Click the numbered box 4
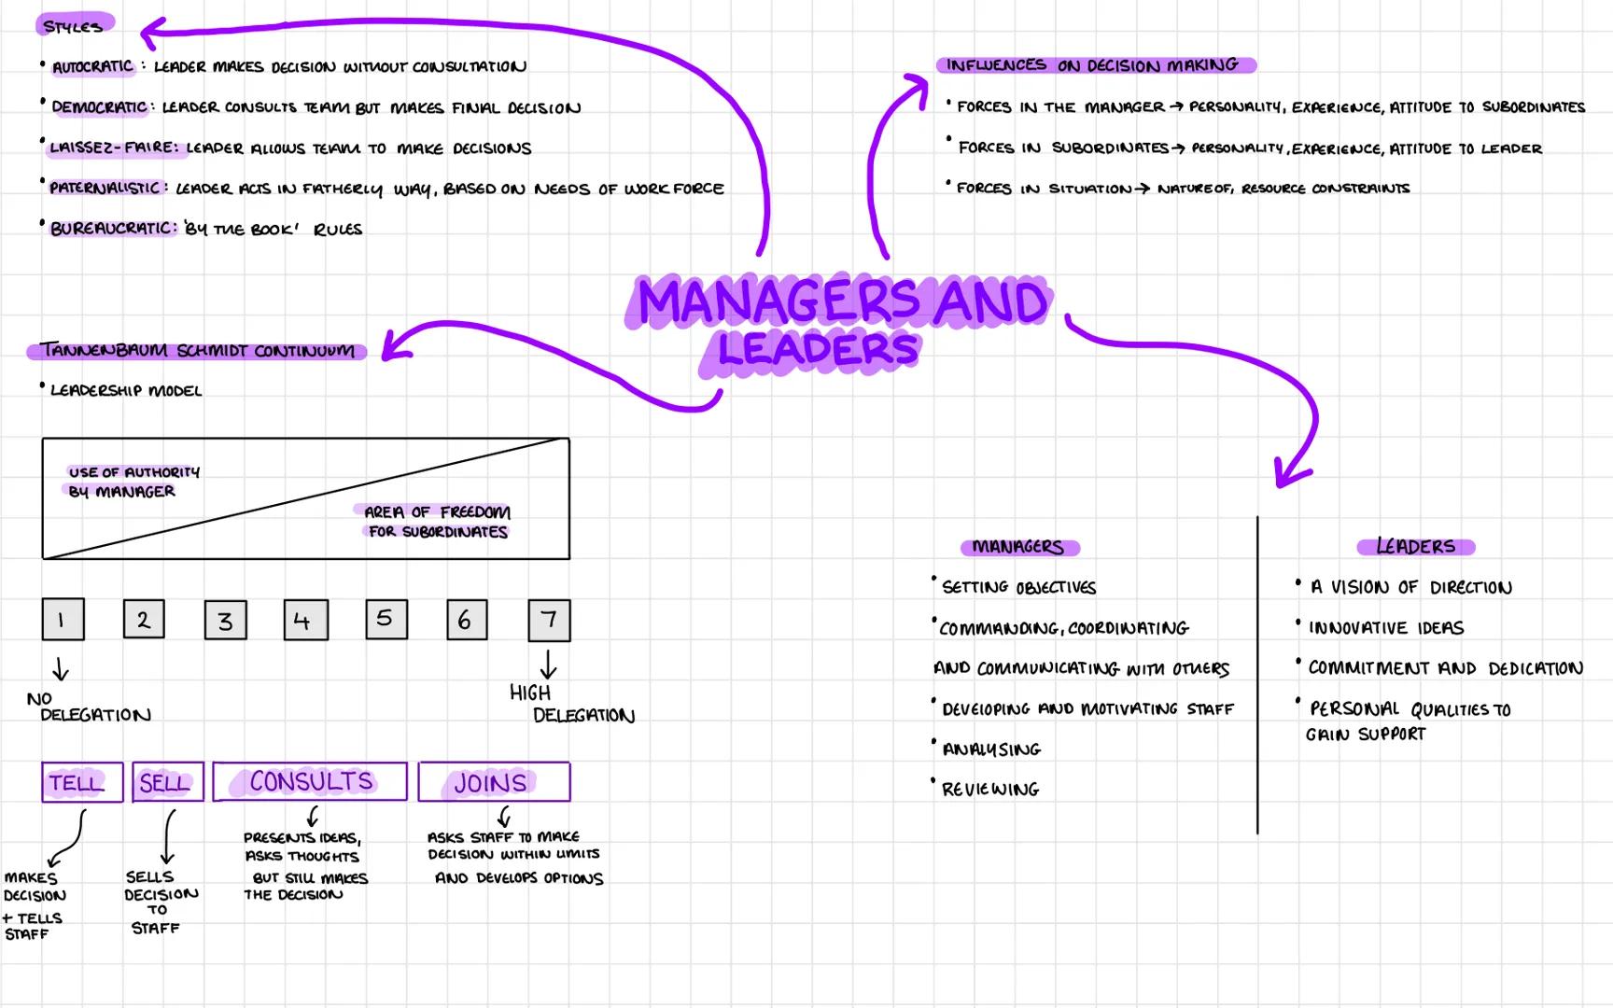click(306, 621)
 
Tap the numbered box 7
click(549, 621)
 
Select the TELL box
click(82, 782)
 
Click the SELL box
click(168, 782)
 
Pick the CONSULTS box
click(310, 782)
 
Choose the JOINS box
click(494, 782)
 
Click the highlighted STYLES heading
click(74, 25)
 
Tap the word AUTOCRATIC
click(92, 67)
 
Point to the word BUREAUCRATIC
click(112, 229)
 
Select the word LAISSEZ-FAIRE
click(112, 147)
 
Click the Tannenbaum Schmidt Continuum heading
click(197, 351)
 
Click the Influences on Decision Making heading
click(1094, 65)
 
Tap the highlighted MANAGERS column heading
click(1018, 547)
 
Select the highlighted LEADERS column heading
click(1415, 547)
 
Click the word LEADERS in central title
click(818, 349)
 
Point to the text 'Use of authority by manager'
click(133, 482)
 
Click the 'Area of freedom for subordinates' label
click(436, 522)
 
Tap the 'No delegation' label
click(89, 707)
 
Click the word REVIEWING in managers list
click(990, 790)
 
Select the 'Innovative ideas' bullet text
click(1385, 628)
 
